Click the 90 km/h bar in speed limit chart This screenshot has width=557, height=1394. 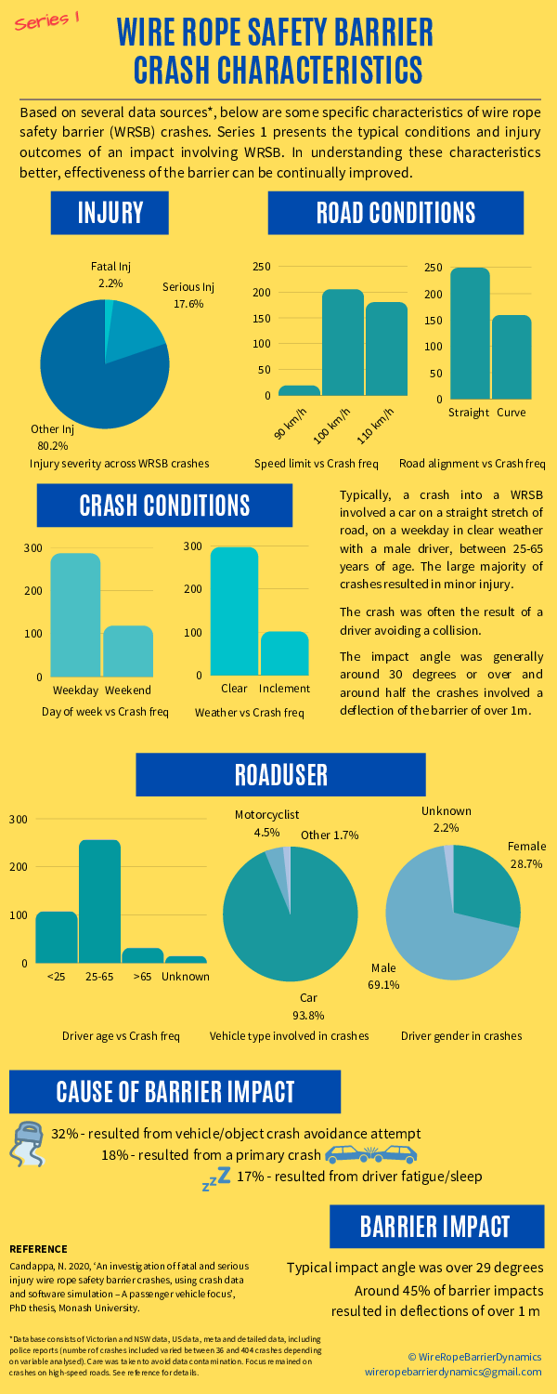299,390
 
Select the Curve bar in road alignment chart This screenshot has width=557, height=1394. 512,357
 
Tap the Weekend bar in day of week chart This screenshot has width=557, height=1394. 128,651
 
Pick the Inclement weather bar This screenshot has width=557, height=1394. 284,653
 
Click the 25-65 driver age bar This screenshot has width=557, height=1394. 99,901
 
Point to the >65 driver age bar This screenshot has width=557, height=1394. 142,955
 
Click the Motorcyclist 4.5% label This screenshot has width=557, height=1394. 266,823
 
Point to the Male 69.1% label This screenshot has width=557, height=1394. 383,976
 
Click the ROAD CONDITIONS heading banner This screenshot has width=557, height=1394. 395,213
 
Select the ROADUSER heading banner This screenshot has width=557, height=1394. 280,774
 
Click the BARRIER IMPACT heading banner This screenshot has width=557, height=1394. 434,1226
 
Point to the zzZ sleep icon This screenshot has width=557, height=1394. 216,1178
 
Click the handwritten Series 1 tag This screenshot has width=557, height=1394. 45,21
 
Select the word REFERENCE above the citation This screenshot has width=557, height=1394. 38,1248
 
